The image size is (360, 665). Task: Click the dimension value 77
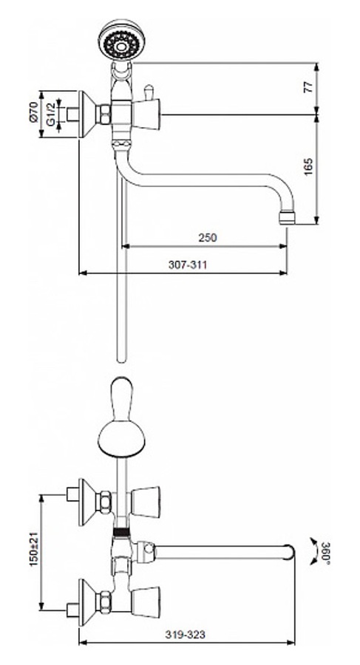[x=309, y=87]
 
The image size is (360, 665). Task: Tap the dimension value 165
[x=309, y=167]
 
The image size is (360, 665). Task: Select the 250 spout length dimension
[x=208, y=237]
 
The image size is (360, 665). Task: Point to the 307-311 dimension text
[x=188, y=265]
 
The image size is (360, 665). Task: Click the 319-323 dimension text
[x=185, y=635]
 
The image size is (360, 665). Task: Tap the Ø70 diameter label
[x=35, y=112]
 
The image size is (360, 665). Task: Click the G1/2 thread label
[x=50, y=115]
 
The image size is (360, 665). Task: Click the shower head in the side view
[x=122, y=39]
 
